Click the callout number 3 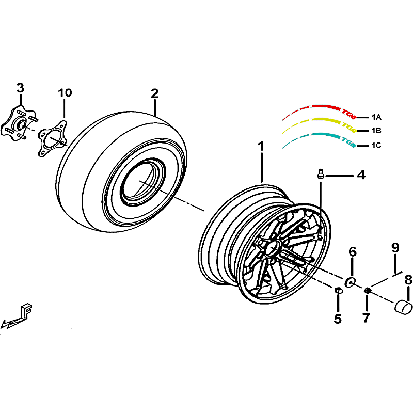point(20,88)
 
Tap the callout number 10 point(65,93)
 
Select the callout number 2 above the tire point(154,93)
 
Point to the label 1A point(376,117)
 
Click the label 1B point(376,131)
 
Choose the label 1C point(376,145)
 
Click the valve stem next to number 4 point(321,174)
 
